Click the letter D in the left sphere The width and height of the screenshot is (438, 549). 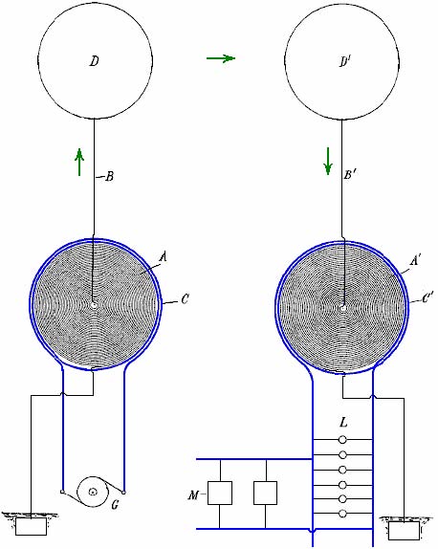[x=94, y=61]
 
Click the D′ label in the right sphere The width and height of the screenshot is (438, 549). [x=345, y=61]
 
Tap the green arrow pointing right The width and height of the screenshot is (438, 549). [x=221, y=57]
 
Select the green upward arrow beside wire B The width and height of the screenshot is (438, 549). [x=79, y=162]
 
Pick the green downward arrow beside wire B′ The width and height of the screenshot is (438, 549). [x=328, y=161]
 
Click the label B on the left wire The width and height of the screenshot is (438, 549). [x=110, y=176]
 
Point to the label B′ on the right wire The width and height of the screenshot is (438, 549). [x=350, y=174]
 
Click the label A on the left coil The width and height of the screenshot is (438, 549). [x=163, y=257]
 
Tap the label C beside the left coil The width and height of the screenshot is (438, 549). [x=185, y=299]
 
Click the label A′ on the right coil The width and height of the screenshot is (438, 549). [x=415, y=261]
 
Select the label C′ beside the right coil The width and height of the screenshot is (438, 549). [x=427, y=298]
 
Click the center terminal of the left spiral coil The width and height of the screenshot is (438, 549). [x=94, y=305]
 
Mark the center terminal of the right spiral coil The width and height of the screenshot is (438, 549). [x=343, y=308]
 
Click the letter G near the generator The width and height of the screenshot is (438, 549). [x=115, y=505]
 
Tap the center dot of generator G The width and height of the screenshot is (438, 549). [x=93, y=492]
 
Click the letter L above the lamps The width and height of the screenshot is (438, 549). [x=343, y=423]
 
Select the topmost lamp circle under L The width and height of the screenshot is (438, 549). [x=342, y=439]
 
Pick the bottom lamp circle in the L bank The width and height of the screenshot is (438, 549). [x=342, y=514]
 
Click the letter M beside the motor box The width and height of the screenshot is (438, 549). [x=193, y=495]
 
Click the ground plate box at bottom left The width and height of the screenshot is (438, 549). [x=32, y=527]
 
